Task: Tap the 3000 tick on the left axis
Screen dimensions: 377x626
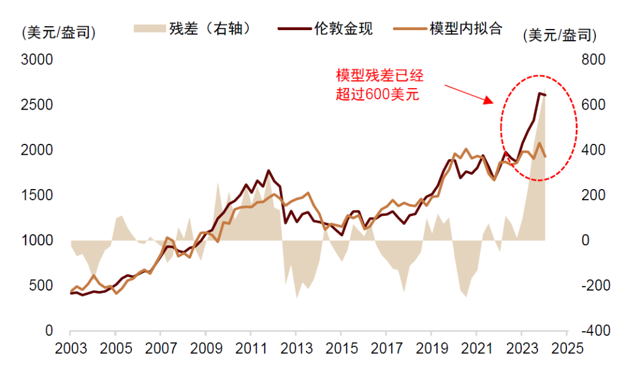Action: (x=37, y=60)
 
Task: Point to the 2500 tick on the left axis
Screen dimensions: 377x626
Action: (x=37, y=105)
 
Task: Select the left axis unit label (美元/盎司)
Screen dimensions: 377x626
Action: (x=58, y=33)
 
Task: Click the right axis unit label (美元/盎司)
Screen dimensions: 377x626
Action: (x=559, y=35)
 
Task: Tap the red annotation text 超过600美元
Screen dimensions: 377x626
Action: (x=377, y=94)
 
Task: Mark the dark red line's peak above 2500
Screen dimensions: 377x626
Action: (x=540, y=93)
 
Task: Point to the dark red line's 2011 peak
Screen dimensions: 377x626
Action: (x=268, y=171)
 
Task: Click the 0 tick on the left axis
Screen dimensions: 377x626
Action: (x=50, y=331)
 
